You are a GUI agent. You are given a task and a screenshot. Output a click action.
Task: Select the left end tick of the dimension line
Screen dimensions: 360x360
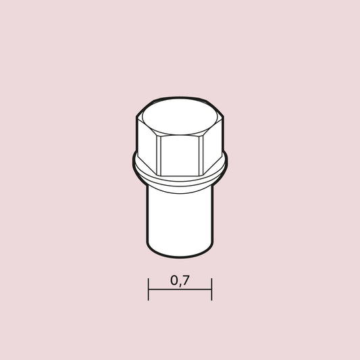149,289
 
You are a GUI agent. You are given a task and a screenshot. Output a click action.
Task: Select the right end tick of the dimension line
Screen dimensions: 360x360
211,289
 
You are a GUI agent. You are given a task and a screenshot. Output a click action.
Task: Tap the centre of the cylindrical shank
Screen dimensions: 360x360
180,216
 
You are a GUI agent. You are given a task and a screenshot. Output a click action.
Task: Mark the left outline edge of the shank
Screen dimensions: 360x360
147,216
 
